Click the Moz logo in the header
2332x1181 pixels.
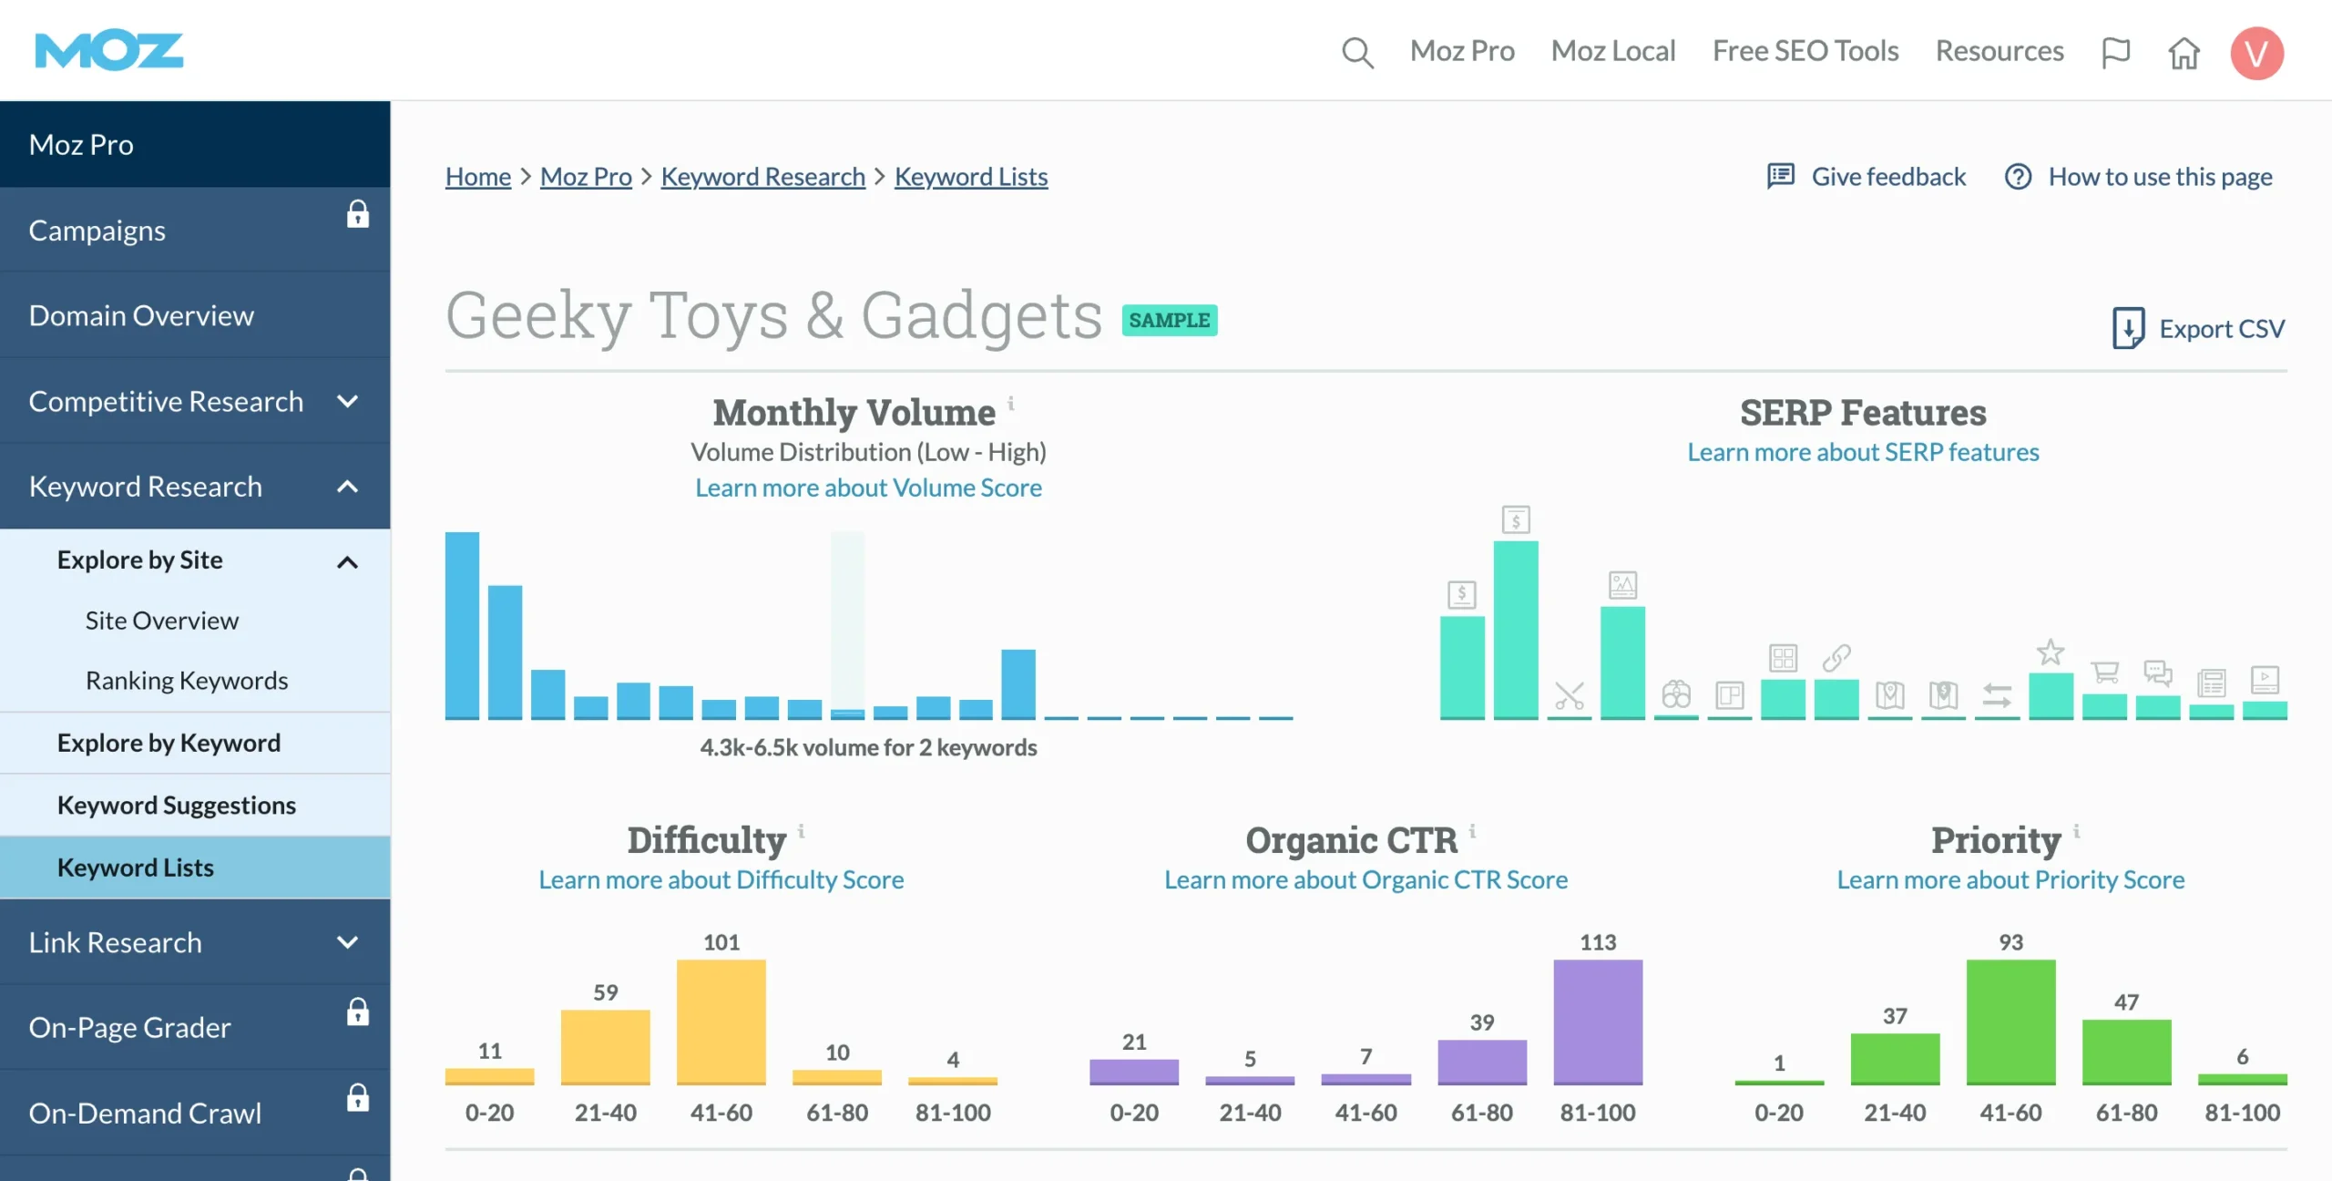point(109,51)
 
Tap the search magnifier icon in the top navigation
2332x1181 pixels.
point(1357,52)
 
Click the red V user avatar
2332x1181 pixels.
point(2256,53)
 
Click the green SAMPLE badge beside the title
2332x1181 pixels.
point(1170,321)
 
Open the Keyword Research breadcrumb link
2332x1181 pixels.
point(762,177)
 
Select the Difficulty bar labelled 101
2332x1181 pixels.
point(721,1021)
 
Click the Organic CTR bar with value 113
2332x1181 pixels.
point(1598,1021)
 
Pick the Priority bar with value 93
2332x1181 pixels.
point(2010,1021)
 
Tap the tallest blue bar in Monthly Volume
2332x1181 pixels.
point(462,625)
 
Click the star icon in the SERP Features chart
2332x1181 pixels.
point(2051,652)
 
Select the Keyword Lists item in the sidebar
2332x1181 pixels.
point(136,868)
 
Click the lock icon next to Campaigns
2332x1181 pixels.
point(358,215)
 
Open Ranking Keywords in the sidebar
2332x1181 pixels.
point(187,681)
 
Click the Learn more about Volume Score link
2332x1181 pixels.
point(868,488)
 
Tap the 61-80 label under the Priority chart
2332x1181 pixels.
point(2126,1113)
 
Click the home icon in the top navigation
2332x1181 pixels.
point(2184,53)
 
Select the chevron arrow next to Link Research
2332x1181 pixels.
point(347,942)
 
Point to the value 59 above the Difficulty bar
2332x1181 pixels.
point(606,992)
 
